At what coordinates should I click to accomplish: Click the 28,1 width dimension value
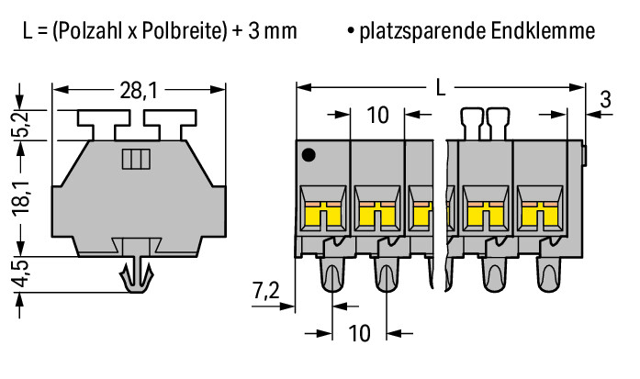point(138,91)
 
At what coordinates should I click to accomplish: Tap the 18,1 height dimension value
point(23,196)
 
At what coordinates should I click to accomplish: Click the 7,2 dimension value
point(265,291)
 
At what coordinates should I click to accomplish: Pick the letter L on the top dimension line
point(441,88)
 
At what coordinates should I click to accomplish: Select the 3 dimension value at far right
point(606,100)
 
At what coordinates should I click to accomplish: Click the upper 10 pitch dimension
point(377,115)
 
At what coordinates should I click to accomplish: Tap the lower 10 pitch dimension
point(359,333)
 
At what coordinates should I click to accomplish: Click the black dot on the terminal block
point(309,155)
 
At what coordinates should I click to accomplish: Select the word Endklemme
point(543,31)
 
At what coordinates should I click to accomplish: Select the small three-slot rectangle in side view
point(136,159)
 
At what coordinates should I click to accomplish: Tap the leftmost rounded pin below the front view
point(332,274)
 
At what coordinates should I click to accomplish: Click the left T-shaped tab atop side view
point(104,124)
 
